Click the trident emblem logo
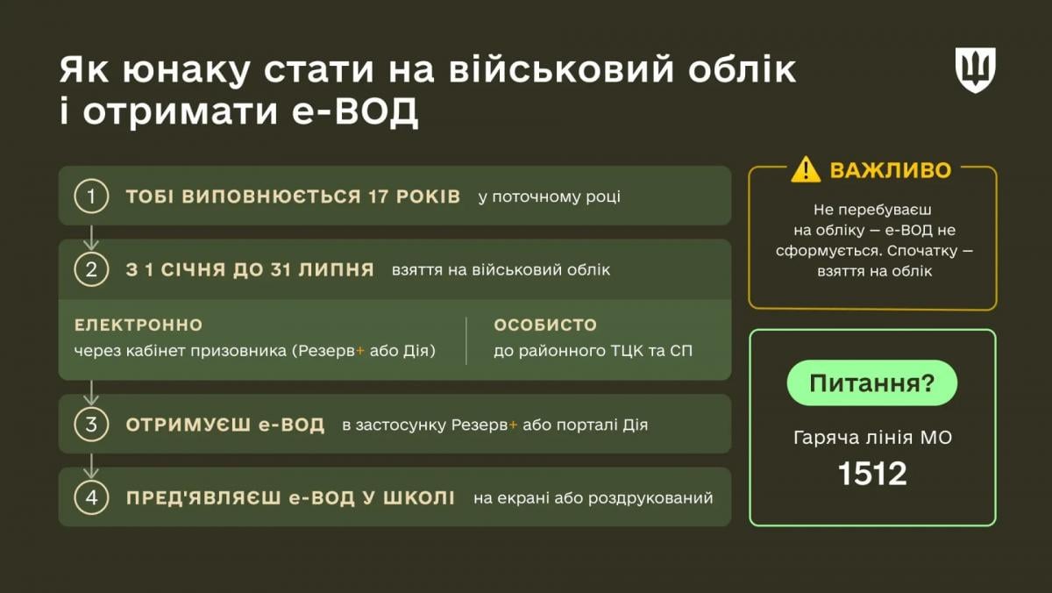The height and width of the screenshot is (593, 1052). [975, 70]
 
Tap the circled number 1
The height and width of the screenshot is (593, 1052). [90, 196]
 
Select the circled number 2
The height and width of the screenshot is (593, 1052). [90, 269]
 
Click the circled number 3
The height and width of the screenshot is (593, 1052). [90, 425]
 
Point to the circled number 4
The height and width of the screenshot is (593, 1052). [90, 498]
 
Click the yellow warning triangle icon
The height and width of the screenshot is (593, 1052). [805, 169]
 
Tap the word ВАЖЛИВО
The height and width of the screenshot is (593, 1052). [890, 170]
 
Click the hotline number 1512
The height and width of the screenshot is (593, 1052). [872, 475]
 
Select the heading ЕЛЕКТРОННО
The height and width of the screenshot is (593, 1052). [139, 325]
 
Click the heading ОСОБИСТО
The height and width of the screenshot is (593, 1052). [545, 325]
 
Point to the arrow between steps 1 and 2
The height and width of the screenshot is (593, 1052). [91, 233]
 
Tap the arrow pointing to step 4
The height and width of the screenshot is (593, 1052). [91, 462]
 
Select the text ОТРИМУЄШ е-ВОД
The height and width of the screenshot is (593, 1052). [225, 425]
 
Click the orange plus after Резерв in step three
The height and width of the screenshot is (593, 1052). [513, 425]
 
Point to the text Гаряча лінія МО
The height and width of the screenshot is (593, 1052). [872, 437]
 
